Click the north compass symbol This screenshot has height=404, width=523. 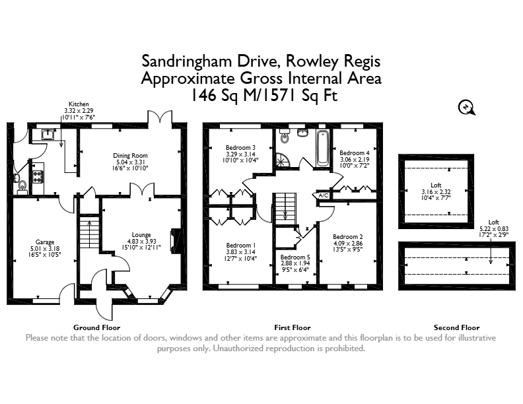[x=466, y=108]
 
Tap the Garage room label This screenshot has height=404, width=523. [x=45, y=242]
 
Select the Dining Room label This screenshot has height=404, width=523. [x=130, y=155]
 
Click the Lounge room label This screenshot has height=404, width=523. [x=141, y=234]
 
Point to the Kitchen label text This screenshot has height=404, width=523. [x=79, y=104]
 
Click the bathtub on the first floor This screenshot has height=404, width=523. [x=322, y=148]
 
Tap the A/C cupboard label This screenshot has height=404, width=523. [x=324, y=195]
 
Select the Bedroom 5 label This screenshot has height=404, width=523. [x=295, y=257]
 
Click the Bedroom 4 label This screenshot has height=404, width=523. [x=355, y=153]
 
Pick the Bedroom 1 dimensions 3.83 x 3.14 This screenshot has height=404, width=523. [x=240, y=252]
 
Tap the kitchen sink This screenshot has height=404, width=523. [x=48, y=134]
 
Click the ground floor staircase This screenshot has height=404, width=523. [x=89, y=232]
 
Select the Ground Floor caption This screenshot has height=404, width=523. [x=96, y=327]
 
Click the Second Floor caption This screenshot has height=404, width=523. [x=456, y=327]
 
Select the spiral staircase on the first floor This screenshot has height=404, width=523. [x=282, y=160]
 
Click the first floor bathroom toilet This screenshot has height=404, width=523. [x=284, y=137]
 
